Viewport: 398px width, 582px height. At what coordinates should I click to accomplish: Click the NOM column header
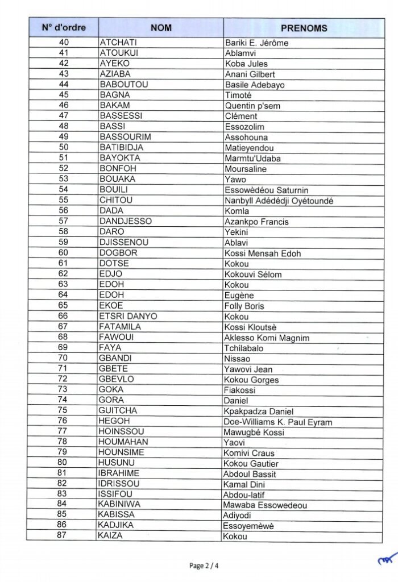coord(161,28)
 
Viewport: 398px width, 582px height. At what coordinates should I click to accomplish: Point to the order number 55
coord(63,200)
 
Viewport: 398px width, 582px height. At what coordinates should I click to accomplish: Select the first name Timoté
coord(238,95)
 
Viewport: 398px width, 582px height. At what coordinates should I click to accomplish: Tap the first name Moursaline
coord(246,169)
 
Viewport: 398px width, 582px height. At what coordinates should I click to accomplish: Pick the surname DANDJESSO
coord(125,221)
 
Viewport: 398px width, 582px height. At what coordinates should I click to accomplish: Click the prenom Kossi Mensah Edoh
coord(263,253)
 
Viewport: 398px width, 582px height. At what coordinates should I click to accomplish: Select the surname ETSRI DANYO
coord(128,316)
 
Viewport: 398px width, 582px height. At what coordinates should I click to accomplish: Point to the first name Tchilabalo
coord(244,348)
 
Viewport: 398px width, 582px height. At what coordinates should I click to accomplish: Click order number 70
coord(63,358)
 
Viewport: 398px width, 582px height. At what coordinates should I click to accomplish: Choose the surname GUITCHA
coord(119,410)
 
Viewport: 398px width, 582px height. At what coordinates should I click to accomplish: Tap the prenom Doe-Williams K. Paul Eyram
coord(278,422)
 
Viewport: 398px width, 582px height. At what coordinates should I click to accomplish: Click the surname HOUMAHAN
coord(123,442)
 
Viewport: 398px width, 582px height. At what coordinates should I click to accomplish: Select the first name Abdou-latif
coord(245,494)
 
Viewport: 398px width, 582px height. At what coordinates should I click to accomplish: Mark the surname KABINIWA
coord(121,504)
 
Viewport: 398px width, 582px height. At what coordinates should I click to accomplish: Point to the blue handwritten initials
coord(387,560)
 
